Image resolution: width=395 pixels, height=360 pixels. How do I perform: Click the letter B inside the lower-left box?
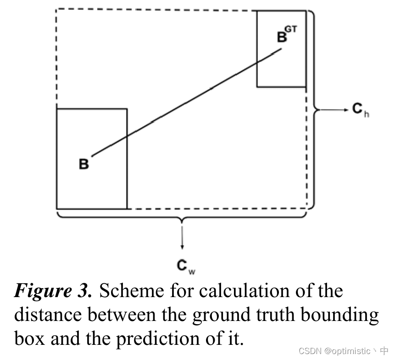click(84, 164)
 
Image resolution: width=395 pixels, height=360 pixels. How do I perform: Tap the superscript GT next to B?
click(291, 30)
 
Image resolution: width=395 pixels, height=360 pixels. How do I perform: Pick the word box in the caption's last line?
click(30, 339)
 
